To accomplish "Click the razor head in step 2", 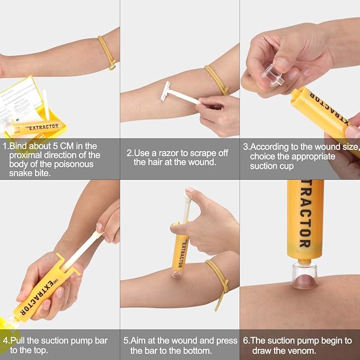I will click(x=165, y=91).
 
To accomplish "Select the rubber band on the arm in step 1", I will click(x=107, y=52).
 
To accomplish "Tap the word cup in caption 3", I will click(x=287, y=165).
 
